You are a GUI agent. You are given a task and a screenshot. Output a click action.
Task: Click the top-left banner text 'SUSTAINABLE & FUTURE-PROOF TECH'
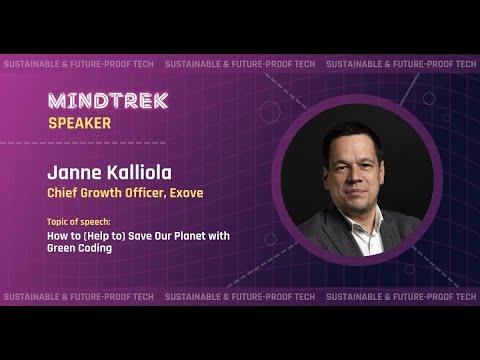pyautogui.click(x=77, y=64)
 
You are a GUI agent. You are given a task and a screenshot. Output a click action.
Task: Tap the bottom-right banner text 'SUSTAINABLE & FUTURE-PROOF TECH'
pyautogui.click(x=400, y=297)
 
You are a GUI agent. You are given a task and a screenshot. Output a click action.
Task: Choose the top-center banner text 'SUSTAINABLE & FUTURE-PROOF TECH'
pyautogui.click(x=239, y=64)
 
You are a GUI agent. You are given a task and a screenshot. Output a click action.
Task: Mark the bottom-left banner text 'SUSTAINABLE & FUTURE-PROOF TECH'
pyautogui.click(x=77, y=297)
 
